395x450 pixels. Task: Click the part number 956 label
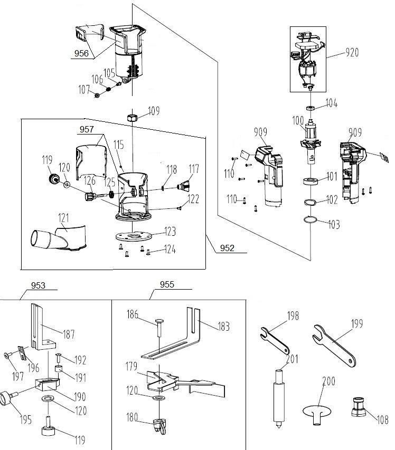tap(81, 53)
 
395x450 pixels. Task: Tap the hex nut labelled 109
tap(132, 117)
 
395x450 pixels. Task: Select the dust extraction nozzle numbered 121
tap(59, 238)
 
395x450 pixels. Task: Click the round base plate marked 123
tap(134, 236)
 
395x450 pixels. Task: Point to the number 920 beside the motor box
tap(352, 53)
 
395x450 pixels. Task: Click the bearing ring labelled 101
tap(311, 181)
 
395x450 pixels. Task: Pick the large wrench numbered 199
tap(334, 346)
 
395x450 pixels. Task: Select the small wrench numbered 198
tap(275, 341)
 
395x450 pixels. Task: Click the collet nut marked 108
tap(359, 407)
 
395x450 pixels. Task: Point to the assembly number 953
tap(38, 285)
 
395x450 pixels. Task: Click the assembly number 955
tap(167, 284)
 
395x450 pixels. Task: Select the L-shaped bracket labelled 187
tap(43, 327)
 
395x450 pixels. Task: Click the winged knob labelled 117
tap(184, 186)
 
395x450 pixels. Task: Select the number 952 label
tap(227, 248)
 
